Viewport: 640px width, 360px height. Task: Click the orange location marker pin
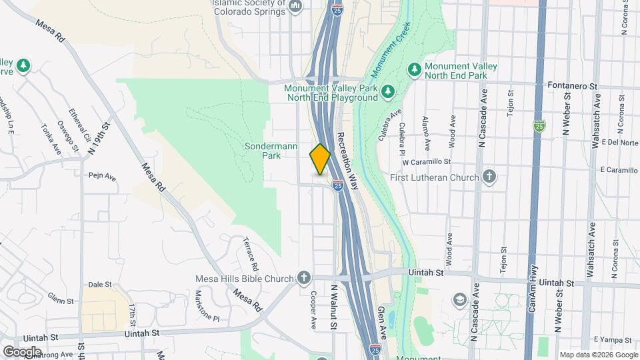320,159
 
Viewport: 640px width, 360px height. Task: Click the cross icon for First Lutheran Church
489,177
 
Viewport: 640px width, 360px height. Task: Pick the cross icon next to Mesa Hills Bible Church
304,278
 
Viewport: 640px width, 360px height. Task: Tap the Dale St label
99,285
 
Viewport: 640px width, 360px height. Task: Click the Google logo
22,351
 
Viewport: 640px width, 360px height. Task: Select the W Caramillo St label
427,162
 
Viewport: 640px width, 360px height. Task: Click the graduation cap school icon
460,299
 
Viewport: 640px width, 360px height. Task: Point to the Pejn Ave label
102,177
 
